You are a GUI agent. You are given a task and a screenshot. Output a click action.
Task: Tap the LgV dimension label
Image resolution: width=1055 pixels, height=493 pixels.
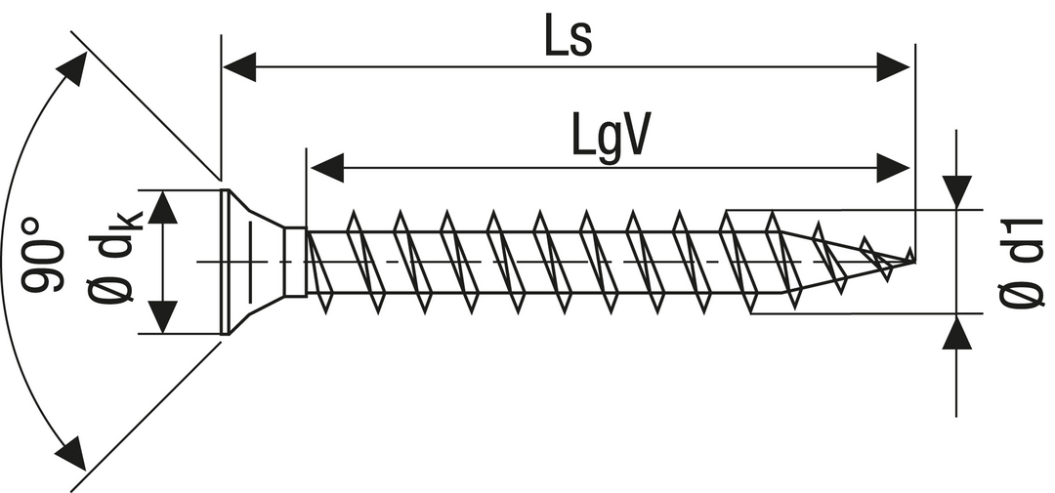pyautogui.click(x=611, y=140)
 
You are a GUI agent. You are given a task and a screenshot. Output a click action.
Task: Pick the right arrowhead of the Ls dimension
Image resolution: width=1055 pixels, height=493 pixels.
pyautogui.click(x=894, y=67)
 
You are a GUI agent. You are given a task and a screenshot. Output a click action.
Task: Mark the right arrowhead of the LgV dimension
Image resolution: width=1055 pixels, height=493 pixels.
pyautogui.click(x=894, y=168)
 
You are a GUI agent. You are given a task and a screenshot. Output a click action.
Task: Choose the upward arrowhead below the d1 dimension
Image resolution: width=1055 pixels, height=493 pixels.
pyautogui.click(x=957, y=333)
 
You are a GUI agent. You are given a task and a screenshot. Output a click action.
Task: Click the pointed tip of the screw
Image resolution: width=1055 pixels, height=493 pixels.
pyautogui.click(x=912, y=259)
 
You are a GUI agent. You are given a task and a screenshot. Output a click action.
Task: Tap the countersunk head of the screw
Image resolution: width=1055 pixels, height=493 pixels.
pyautogui.click(x=249, y=262)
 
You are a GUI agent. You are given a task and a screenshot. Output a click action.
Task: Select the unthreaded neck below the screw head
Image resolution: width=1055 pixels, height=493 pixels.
pyautogui.click(x=295, y=262)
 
